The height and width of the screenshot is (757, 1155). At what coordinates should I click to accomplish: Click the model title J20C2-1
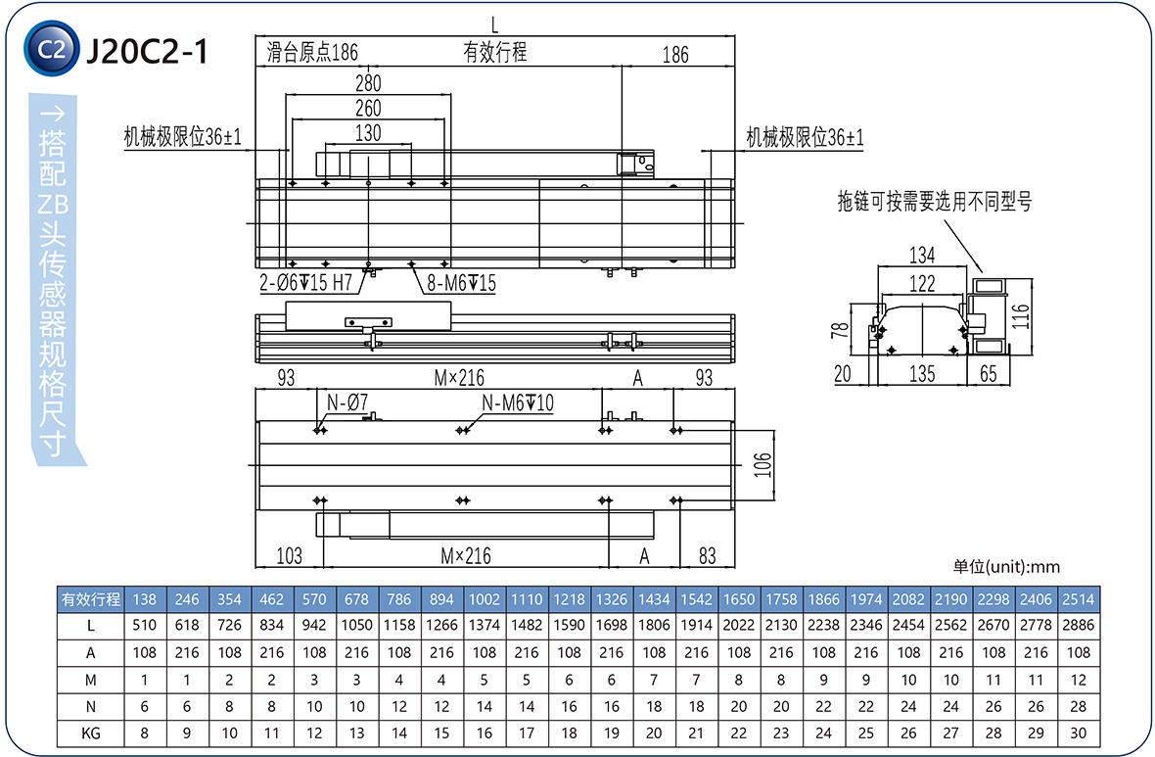(x=147, y=50)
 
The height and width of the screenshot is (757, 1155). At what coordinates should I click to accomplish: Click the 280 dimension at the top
(x=368, y=83)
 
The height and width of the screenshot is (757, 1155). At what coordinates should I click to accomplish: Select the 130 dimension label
(x=368, y=133)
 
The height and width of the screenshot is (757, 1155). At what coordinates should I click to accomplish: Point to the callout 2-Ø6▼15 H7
(x=304, y=283)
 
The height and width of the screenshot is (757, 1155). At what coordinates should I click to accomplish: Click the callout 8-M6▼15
(x=461, y=283)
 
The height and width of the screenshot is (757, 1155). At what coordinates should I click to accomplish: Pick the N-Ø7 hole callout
(x=346, y=402)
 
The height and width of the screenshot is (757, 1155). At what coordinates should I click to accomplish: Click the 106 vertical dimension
(x=764, y=464)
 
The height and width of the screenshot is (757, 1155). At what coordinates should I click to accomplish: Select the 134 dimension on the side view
(x=922, y=256)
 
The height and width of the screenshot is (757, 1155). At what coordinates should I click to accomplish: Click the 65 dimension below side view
(x=988, y=373)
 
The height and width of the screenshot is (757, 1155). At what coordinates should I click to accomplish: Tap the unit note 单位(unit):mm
(x=1006, y=566)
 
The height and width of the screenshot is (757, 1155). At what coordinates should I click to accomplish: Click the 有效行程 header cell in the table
(x=91, y=598)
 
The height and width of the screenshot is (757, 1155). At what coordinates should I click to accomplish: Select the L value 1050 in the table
(x=356, y=624)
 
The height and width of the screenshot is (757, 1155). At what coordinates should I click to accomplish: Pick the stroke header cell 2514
(x=1078, y=598)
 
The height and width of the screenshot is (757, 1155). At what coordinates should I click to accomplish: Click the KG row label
(x=91, y=733)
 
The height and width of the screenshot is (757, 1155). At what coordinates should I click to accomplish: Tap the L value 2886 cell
(x=1078, y=624)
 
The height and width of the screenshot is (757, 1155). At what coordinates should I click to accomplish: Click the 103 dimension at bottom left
(x=289, y=556)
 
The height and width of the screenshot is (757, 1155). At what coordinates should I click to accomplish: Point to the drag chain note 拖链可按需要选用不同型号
(x=934, y=203)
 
